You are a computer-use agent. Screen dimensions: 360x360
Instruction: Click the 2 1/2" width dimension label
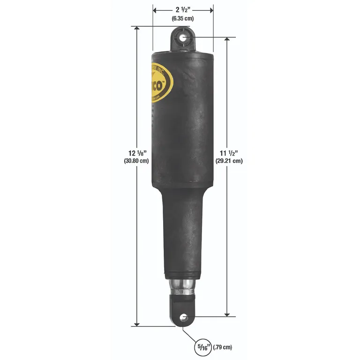tap(183, 9)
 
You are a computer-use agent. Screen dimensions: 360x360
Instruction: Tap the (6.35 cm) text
tap(183, 18)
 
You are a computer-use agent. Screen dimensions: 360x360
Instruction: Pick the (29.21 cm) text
tap(229, 161)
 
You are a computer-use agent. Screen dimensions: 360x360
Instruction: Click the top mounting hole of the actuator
tap(183, 37)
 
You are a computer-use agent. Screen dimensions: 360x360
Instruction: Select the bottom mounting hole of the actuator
tap(183, 318)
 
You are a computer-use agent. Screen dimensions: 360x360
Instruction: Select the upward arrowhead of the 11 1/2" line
tap(227, 39)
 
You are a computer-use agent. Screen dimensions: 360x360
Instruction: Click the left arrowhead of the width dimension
tap(155, 9)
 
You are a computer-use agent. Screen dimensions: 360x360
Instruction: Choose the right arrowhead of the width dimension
tap(211, 9)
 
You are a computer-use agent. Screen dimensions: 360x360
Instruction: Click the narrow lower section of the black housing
tap(182, 234)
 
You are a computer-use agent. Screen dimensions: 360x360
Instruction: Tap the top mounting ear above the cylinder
tap(183, 38)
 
